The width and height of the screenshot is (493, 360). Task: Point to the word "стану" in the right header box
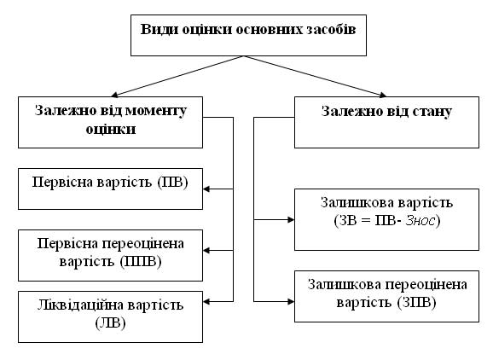click(x=432, y=112)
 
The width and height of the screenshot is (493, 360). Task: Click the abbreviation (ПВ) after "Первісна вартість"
click(x=172, y=183)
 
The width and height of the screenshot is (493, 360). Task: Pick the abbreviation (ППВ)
click(x=141, y=262)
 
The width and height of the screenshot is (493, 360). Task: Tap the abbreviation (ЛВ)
click(x=110, y=323)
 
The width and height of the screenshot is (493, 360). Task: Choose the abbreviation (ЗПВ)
click(x=416, y=303)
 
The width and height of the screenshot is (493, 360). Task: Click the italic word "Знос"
click(x=420, y=221)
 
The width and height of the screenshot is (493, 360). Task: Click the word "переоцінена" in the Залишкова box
click(x=426, y=285)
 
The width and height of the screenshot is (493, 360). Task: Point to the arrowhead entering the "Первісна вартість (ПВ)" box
click(x=206, y=189)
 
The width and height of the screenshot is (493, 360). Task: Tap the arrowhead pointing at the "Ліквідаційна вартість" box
click(x=206, y=302)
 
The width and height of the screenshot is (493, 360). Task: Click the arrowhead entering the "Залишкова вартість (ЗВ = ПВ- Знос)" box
click(x=291, y=220)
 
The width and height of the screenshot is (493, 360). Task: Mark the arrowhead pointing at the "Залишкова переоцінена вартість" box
click(x=291, y=302)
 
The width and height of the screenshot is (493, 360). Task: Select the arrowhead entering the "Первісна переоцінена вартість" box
click(x=206, y=251)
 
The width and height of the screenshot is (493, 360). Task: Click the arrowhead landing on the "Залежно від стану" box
click(x=383, y=95)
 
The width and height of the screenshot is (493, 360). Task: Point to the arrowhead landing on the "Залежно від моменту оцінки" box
click(x=115, y=95)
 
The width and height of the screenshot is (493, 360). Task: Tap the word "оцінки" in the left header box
click(x=111, y=130)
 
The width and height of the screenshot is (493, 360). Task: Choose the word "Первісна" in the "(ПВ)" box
click(x=62, y=183)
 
